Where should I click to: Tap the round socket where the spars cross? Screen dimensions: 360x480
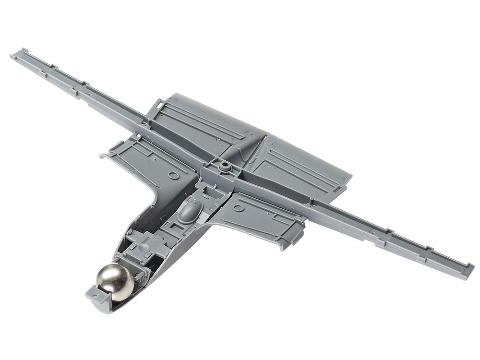[x=224, y=166]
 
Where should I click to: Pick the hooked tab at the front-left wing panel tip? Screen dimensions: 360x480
[x=102, y=156]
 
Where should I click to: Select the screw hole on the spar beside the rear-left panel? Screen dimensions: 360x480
[x=144, y=124]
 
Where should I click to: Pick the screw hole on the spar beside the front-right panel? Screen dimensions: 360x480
[x=312, y=206]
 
